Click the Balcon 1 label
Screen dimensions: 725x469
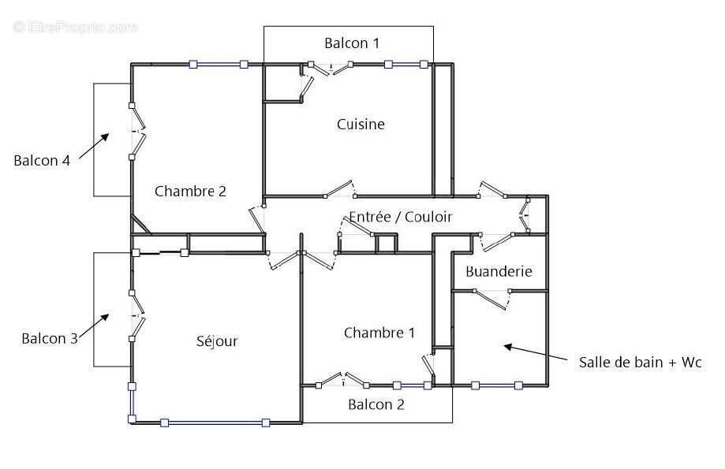pos(352,43)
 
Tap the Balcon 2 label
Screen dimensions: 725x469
pos(376,404)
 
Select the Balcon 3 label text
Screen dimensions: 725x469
pos(49,338)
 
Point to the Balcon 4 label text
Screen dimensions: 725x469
pos(41,160)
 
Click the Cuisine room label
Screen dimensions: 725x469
pos(361,124)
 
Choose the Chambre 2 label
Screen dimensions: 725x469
pos(190,191)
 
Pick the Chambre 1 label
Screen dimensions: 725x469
pos(379,333)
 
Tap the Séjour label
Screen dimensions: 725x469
pos(217,341)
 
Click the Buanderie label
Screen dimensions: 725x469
pos(499,272)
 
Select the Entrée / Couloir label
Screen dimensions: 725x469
pos(401,216)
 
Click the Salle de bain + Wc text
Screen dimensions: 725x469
pos(640,362)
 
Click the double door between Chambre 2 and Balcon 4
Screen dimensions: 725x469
pos(138,131)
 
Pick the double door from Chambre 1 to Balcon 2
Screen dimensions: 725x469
pos(343,381)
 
